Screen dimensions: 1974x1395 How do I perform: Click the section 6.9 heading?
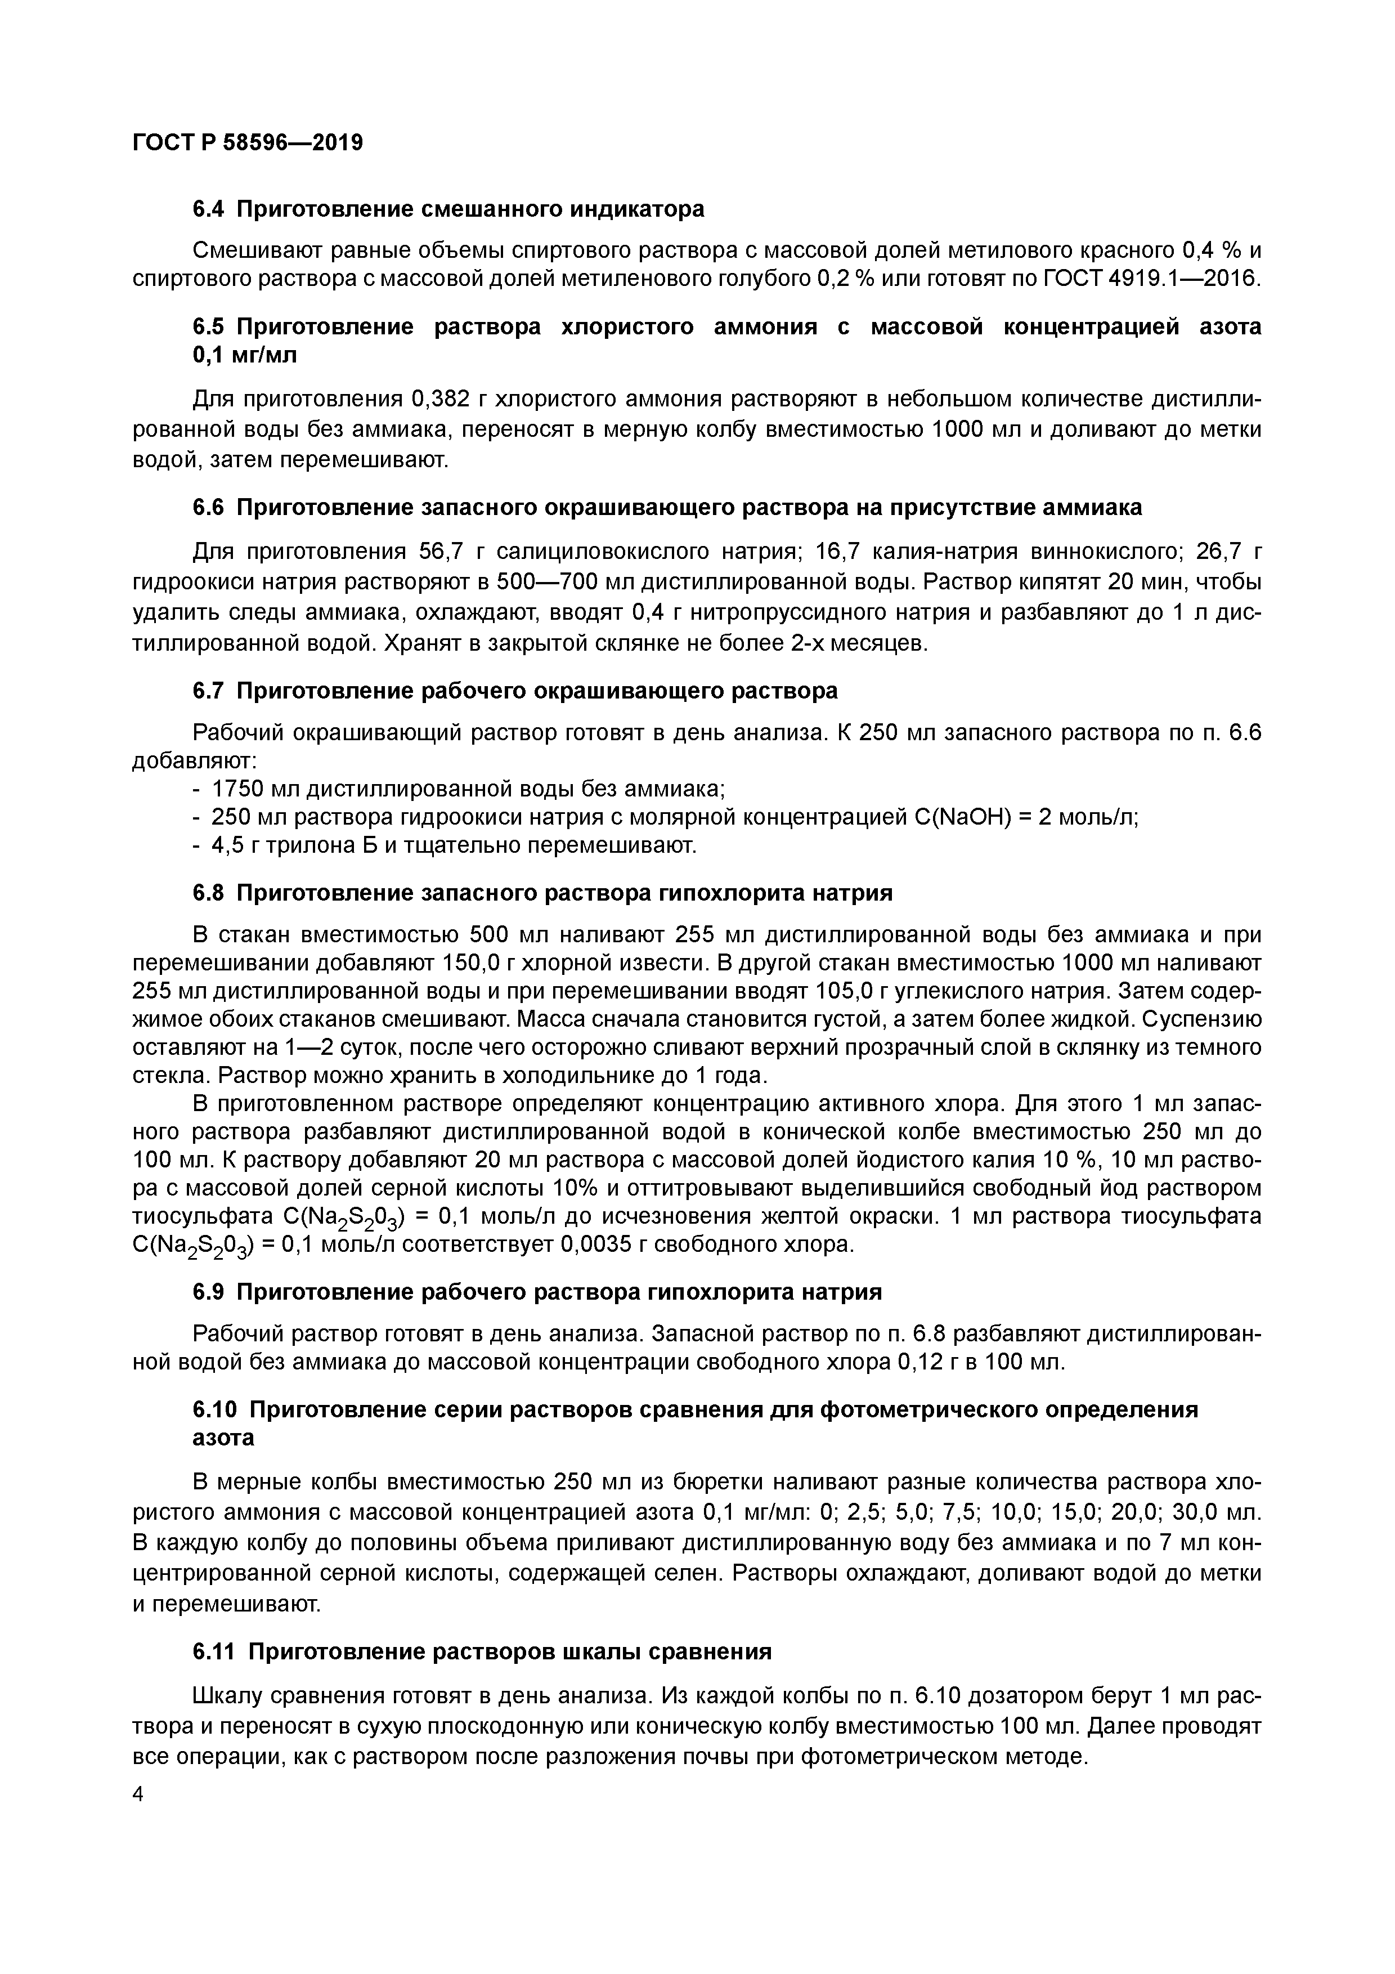click(537, 1292)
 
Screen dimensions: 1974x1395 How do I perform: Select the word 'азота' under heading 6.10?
click(223, 1438)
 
